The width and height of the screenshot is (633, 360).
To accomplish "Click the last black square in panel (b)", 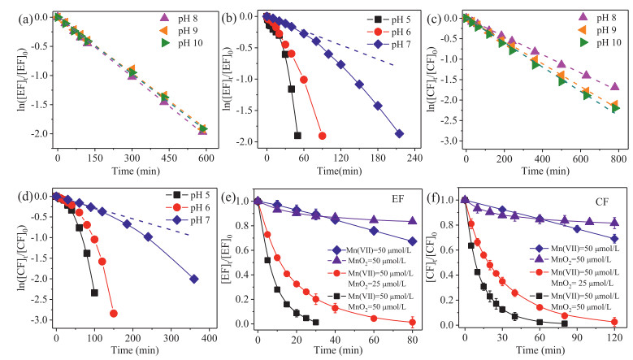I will coord(297,135).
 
